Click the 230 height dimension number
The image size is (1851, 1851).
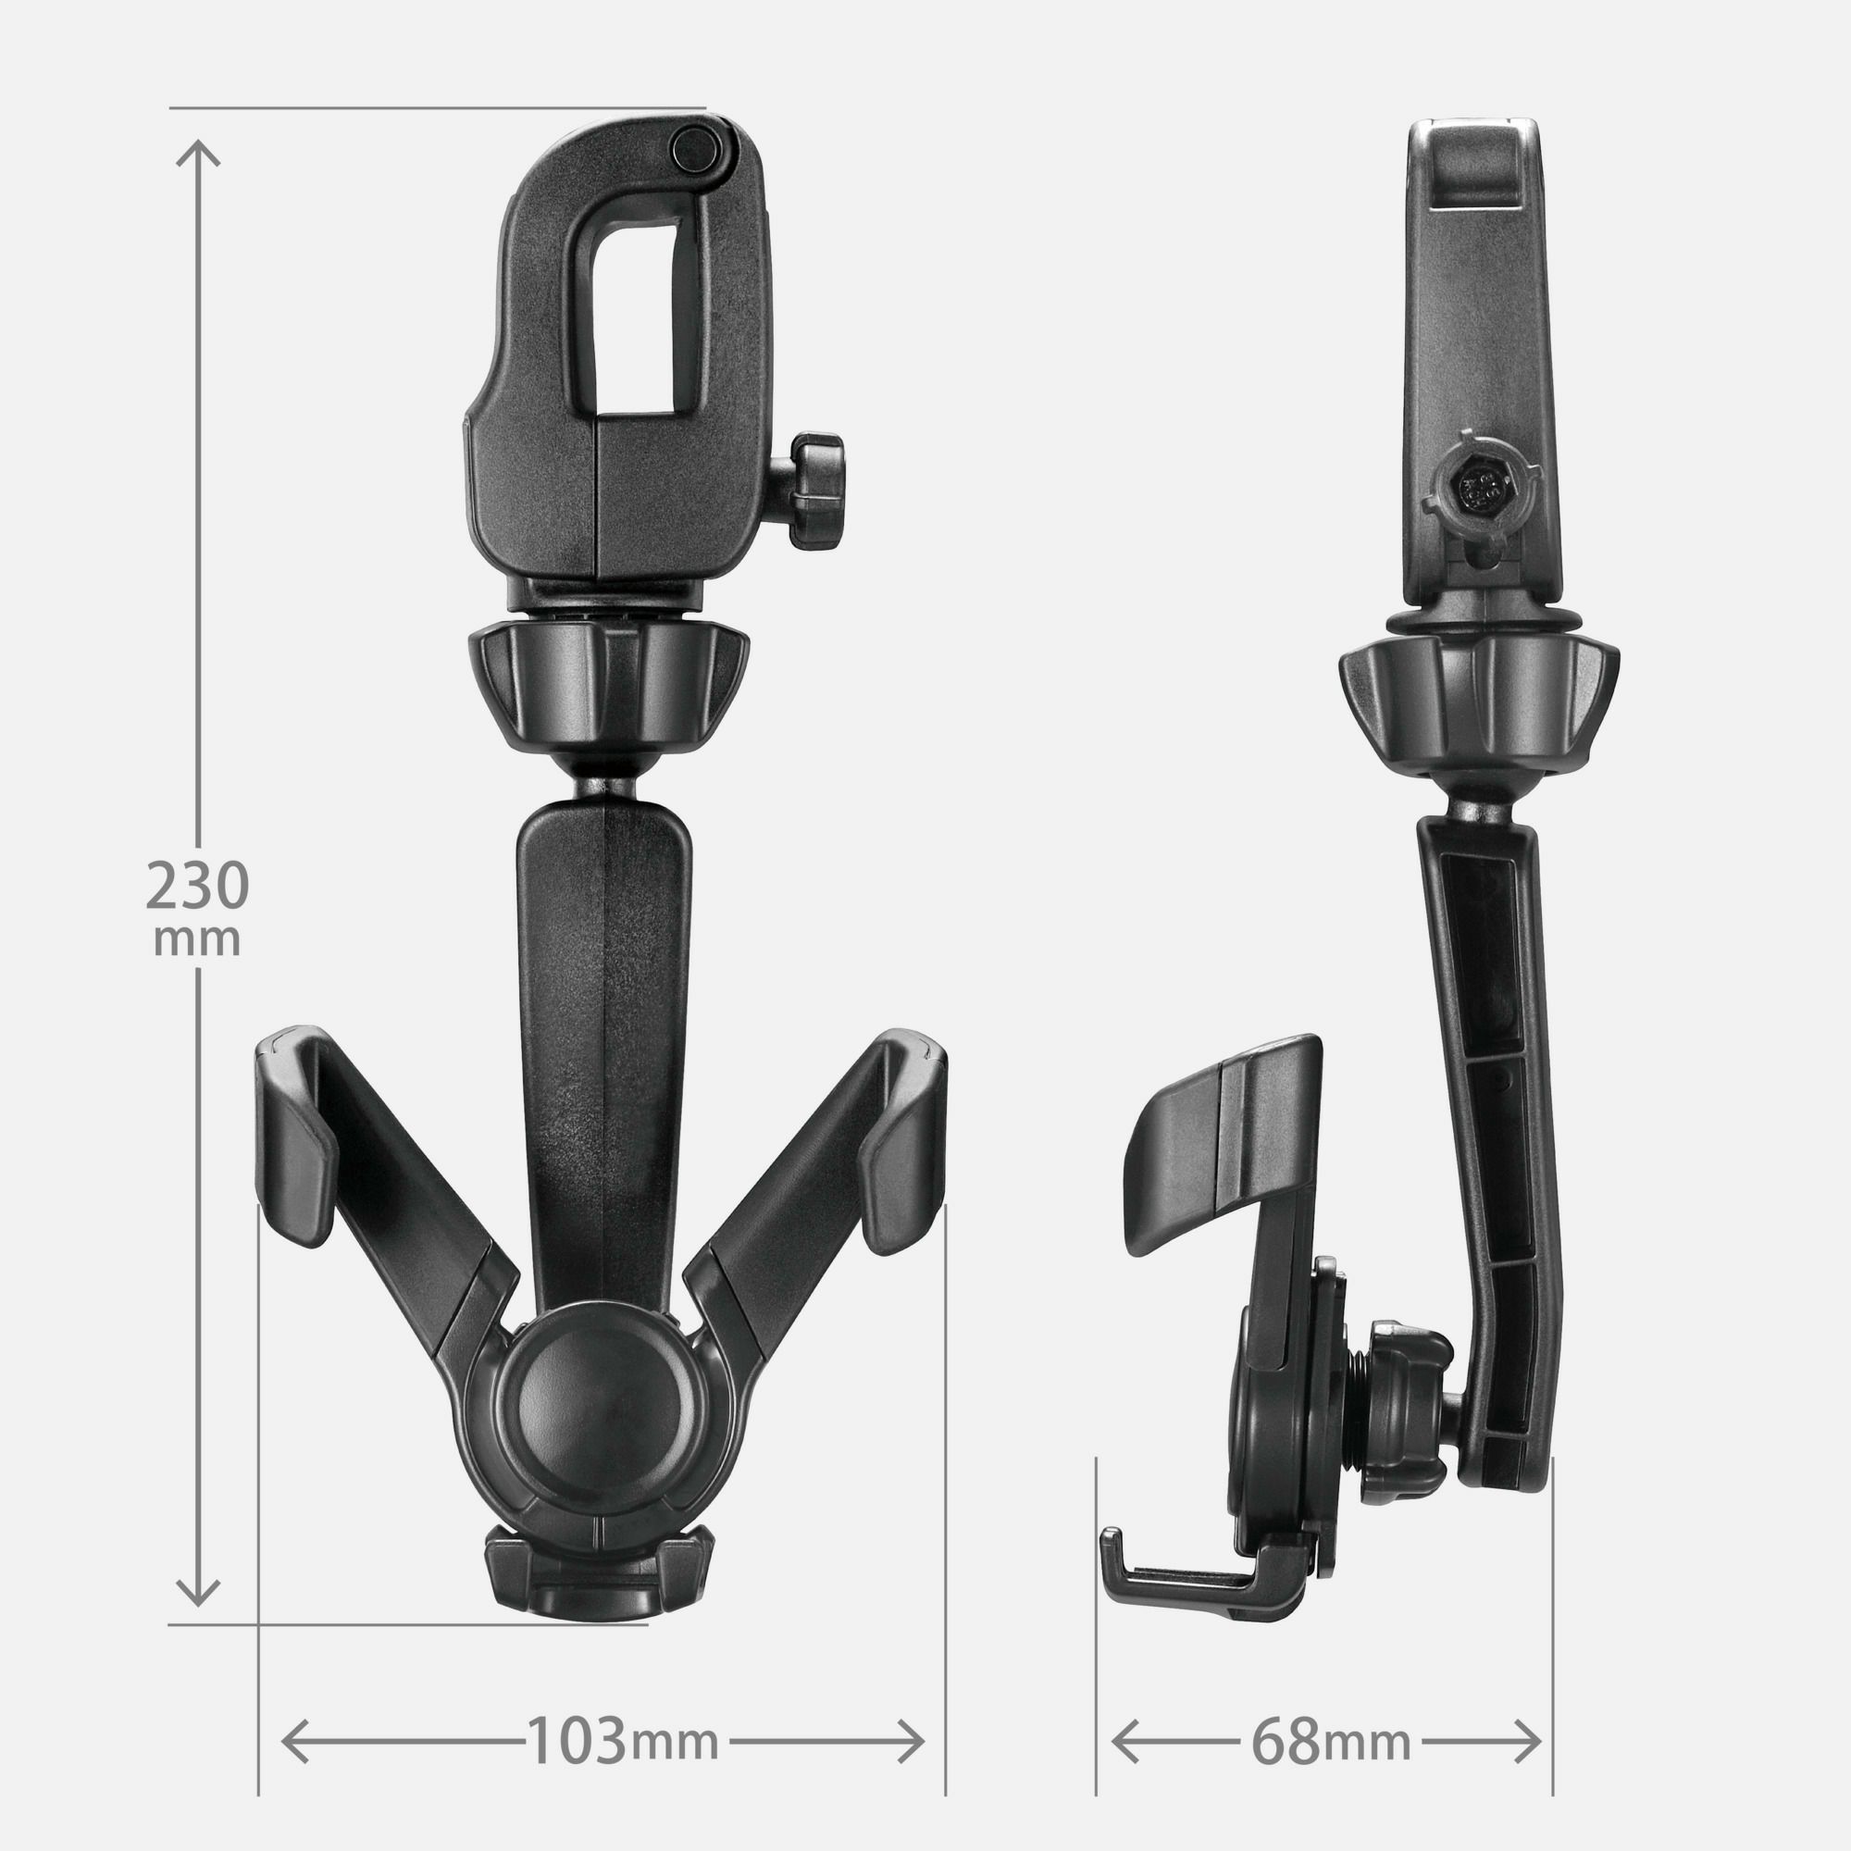pos(197,887)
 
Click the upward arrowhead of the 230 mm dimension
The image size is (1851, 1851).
pos(198,154)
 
